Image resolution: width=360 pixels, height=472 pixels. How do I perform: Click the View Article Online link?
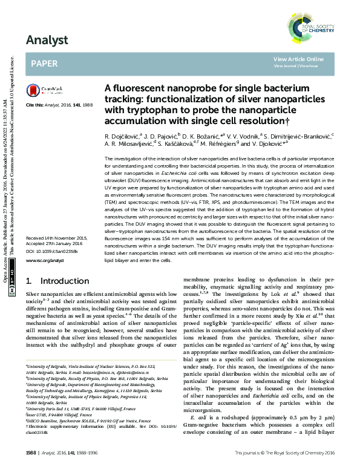point(298,59)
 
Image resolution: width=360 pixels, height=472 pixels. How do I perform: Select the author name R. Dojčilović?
point(122,136)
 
